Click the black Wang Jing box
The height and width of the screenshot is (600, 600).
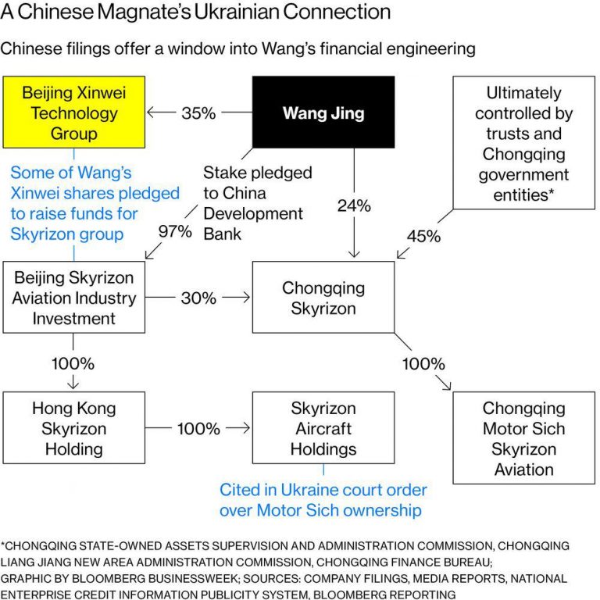[x=323, y=112]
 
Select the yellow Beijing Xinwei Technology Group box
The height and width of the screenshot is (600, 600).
[x=74, y=112]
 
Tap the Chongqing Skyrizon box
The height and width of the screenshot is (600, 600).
[x=323, y=298]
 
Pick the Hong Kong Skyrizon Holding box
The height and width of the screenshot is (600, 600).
[x=74, y=428]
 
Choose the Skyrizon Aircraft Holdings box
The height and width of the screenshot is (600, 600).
[x=323, y=428]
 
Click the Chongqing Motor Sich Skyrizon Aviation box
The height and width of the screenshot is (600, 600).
[x=524, y=438]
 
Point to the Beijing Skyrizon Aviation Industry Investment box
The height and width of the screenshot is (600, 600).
[x=74, y=298]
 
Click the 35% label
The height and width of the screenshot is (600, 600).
[x=198, y=112]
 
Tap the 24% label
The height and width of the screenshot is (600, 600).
[x=354, y=205]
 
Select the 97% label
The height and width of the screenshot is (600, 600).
[x=175, y=231]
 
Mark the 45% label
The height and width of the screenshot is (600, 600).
[x=423, y=236]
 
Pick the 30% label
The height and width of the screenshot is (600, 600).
[x=198, y=298]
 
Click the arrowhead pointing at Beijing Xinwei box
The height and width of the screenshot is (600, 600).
[x=152, y=112]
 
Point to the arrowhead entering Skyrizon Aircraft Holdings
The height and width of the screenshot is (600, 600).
[x=245, y=428]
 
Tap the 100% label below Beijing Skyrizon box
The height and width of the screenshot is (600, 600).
[x=73, y=363]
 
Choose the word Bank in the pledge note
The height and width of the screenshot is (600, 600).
[x=223, y=234]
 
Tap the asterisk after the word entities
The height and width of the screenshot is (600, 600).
[x=552, y=191]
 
